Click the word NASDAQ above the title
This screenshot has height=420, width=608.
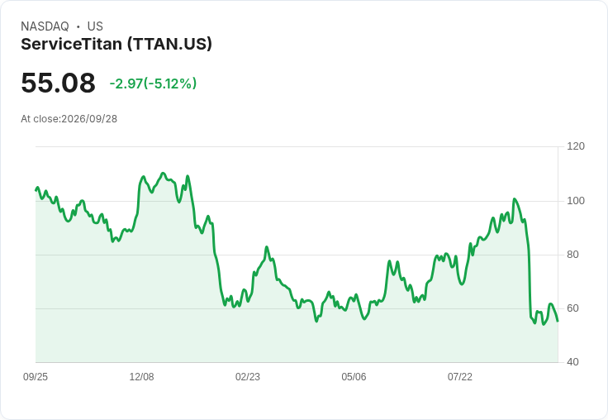(x=45, y=26)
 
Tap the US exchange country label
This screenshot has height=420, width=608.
(x=95, y=26)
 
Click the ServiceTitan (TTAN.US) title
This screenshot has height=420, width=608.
(x=116, y=44)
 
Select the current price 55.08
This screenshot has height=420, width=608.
(x=58, y=83)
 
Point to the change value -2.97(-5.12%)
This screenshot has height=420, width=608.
(x=153, y=84)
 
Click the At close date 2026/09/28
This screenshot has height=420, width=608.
(x=89, y=119)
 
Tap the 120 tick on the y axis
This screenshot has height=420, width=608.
(x=576, y=146)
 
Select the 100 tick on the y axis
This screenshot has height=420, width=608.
(x=576, y=201)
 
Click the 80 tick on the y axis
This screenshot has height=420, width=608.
(x=572, y=255)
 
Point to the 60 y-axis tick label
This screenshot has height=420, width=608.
(x=572, y=308)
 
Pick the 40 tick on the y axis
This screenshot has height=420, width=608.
(x=572, y=362)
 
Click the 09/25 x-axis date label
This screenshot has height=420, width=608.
(x=36, y=377)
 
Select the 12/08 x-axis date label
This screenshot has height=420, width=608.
(x=141, y=377)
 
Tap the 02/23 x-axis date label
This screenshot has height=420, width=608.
(x=248, y=377)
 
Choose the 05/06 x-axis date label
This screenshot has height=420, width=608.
(x=354, y=377)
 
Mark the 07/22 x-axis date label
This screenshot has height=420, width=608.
(x=460, y=377)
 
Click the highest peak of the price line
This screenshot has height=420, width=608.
(x=163, y=173)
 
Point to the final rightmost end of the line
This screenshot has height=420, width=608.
(x=558, y=321)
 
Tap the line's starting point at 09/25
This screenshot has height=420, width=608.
(x=36, y=190)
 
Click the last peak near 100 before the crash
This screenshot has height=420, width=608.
(x=515, y=199)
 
